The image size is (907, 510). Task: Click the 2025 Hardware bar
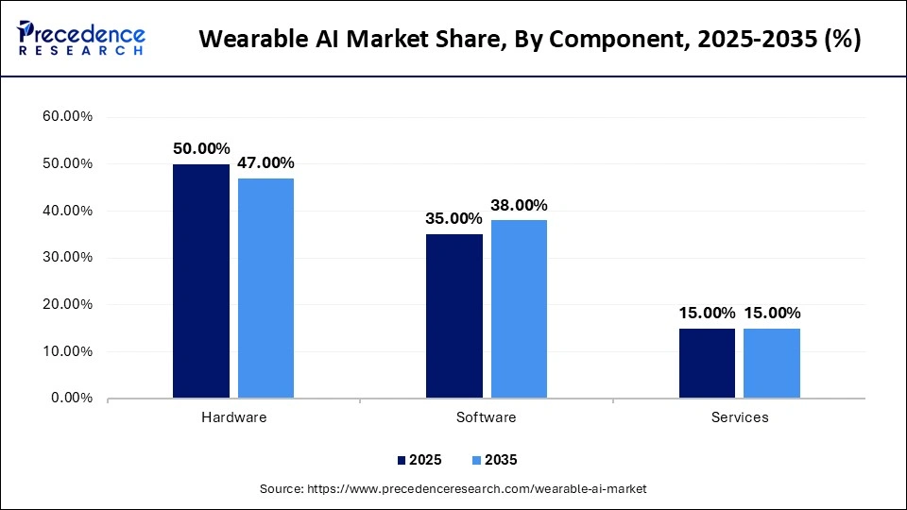(x=201, y=280)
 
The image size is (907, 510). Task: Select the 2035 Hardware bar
(x=265, y=288)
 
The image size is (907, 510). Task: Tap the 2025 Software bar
(x=454, y=315)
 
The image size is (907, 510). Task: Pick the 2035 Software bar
(x=519, y=309)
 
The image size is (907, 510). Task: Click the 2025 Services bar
(x=707, y=363)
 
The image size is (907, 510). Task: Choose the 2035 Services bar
(x=772, y=363)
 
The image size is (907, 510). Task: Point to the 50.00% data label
(x=201, y=148)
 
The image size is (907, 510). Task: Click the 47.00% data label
(x=265, y=162)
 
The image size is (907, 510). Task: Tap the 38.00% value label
(x=519, y=205)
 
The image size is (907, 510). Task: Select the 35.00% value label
(x=454, y=219)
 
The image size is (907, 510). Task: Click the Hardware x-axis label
(x=234, y=417)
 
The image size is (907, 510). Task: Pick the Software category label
(x=487, y=417)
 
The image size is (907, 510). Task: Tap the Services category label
(x=740, y=417)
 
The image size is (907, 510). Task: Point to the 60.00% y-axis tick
(x=68, y=117)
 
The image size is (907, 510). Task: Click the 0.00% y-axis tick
(x=72, y=399)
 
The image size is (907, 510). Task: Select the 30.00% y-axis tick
(x=68, y=258)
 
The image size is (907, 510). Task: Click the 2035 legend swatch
(x=475, y=460)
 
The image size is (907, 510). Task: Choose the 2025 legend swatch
(x=401, y=460)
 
